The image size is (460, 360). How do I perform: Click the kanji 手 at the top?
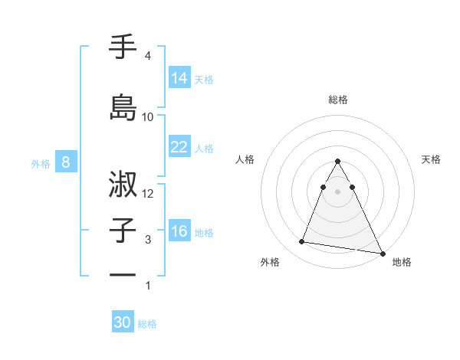point(123,47)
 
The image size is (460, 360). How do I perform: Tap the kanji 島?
point(123,106)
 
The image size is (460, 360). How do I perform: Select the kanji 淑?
point(123,184)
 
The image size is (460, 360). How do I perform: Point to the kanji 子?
point(123,231)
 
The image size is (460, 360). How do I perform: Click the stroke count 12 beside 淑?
point(149,194)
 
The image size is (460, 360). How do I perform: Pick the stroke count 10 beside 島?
point(148,116)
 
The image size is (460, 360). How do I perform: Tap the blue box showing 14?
point(179,78)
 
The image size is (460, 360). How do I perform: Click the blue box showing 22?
point(179,147)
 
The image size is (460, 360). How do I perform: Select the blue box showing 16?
point(179,231)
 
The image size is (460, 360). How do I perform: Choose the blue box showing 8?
point(67,162)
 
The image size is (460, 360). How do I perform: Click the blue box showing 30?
point(123,322)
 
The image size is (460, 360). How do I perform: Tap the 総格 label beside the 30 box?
point(147,324)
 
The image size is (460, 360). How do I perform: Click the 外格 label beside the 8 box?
point(41,163)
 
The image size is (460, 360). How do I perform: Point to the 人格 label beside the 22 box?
point(204,148)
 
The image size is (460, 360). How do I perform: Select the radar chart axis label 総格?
point(338,100)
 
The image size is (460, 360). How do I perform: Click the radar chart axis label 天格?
point(432,159)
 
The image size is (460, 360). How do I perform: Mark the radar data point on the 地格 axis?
point(382,254)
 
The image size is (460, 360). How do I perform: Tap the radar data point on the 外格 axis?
point(302,242)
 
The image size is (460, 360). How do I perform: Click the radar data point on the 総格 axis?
point(338,162)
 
